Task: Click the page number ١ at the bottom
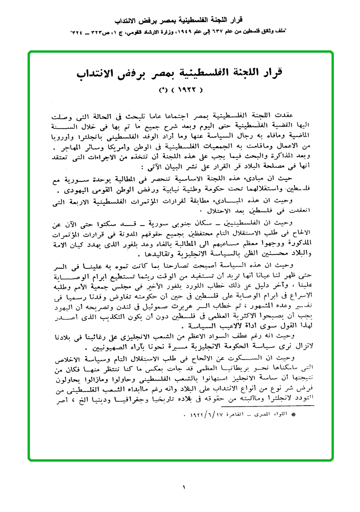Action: click(183, 487)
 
